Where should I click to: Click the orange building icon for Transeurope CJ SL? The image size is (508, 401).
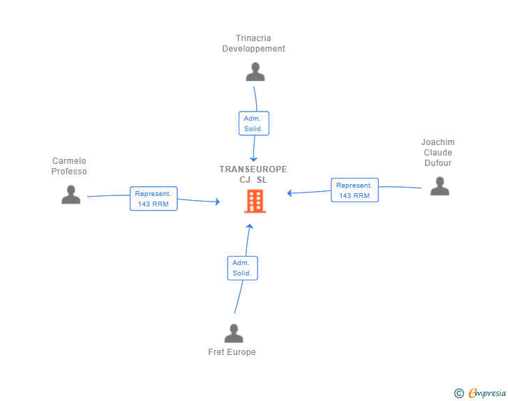tap(255, 201)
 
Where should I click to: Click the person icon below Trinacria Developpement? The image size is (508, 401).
tap(255, 72)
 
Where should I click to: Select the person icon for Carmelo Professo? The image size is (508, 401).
tap(70, 195)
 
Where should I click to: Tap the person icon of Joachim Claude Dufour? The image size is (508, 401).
tap(440, 186)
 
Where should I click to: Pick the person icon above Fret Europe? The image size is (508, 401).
tap(234, 333)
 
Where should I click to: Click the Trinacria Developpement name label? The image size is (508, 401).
tap(253, 44)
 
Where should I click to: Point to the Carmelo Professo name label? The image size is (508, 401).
tap(69, 166)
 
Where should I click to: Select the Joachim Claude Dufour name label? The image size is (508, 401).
tap(438, 153)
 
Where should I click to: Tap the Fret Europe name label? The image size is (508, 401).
tap(232, 352)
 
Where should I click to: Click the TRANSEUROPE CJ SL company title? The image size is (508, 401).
tap(253, 174)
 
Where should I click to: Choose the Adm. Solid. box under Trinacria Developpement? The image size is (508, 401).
tap(253, 123)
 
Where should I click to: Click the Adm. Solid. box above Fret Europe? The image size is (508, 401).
tap(242, 268)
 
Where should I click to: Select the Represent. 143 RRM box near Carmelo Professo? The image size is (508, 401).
tap(154, 199)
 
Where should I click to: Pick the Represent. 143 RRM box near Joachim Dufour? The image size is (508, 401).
tap(354, 190)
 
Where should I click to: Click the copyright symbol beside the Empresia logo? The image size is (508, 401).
tap(458, 393)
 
